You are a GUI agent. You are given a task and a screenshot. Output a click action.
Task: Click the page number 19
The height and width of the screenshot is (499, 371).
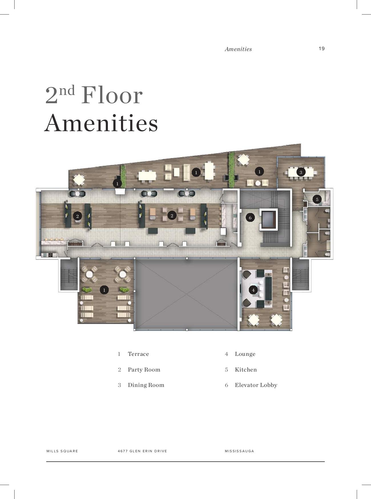pos(322,48)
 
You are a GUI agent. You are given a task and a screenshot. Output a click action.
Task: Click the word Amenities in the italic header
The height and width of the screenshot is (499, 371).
pos(238,49)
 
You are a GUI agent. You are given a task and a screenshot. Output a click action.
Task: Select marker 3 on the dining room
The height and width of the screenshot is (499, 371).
pos(301,172)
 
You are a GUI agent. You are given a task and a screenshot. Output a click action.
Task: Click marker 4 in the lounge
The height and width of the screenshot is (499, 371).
pos(253,290)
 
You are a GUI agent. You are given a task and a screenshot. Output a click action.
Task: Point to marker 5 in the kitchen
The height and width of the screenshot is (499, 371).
pos(317,199)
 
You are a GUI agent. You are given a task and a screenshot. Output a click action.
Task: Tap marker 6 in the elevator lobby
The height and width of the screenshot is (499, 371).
pos(250,218)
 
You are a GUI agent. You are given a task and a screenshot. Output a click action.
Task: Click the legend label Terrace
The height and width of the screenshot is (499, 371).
pos(138,354)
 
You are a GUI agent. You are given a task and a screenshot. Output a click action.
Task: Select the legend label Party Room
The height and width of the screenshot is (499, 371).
pos(144,370)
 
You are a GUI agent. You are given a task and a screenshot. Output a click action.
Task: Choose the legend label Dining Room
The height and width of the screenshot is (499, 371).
pos(146,385)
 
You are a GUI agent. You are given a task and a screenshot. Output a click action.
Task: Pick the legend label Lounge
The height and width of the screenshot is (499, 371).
pos(245,354)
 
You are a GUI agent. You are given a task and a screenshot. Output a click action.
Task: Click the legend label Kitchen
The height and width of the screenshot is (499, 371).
pos(246,370)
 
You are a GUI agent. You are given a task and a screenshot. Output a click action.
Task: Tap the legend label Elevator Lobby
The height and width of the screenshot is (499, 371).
pos(256,385)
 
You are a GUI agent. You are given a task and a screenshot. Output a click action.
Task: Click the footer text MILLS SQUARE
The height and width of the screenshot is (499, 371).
pos(62,451)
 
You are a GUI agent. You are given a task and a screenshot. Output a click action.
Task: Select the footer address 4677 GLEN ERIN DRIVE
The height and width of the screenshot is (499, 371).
pos(142,451)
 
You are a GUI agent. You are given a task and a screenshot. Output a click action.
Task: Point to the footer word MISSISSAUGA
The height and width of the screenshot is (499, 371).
pos(239,451)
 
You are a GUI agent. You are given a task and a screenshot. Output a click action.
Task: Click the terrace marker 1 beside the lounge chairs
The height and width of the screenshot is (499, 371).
pos(104,290)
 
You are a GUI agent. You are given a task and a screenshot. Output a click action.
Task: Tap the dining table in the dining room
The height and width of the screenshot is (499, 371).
pos(301,172)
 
